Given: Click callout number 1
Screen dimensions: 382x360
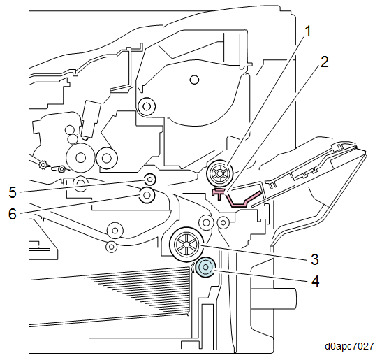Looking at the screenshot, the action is [308, 31].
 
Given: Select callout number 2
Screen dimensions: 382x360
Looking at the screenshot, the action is [324, 62].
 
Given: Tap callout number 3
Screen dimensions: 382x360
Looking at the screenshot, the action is [314, 259].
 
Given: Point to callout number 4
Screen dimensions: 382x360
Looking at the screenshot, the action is [315, 281].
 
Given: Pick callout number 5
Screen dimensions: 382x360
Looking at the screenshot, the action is [13, 192].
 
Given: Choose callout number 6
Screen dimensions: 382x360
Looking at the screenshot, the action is [13, 214].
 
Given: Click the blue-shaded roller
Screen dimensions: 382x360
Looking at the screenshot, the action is [206, 267].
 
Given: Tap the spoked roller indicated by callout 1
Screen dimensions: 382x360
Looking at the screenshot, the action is [220, 173].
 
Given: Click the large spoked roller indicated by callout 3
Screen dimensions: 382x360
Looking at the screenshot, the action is [186, 244].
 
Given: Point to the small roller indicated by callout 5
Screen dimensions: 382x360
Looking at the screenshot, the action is [150, 180].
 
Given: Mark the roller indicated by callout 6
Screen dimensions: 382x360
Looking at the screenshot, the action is [147, 195].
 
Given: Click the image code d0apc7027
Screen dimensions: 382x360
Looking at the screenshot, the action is [349, 346].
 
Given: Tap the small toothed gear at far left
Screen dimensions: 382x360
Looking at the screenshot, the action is [43, 166].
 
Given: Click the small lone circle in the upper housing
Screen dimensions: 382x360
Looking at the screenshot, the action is [194, 80].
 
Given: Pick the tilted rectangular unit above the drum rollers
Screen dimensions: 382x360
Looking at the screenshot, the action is [91, 120].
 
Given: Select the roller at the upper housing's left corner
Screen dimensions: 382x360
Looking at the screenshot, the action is [147, 106].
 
